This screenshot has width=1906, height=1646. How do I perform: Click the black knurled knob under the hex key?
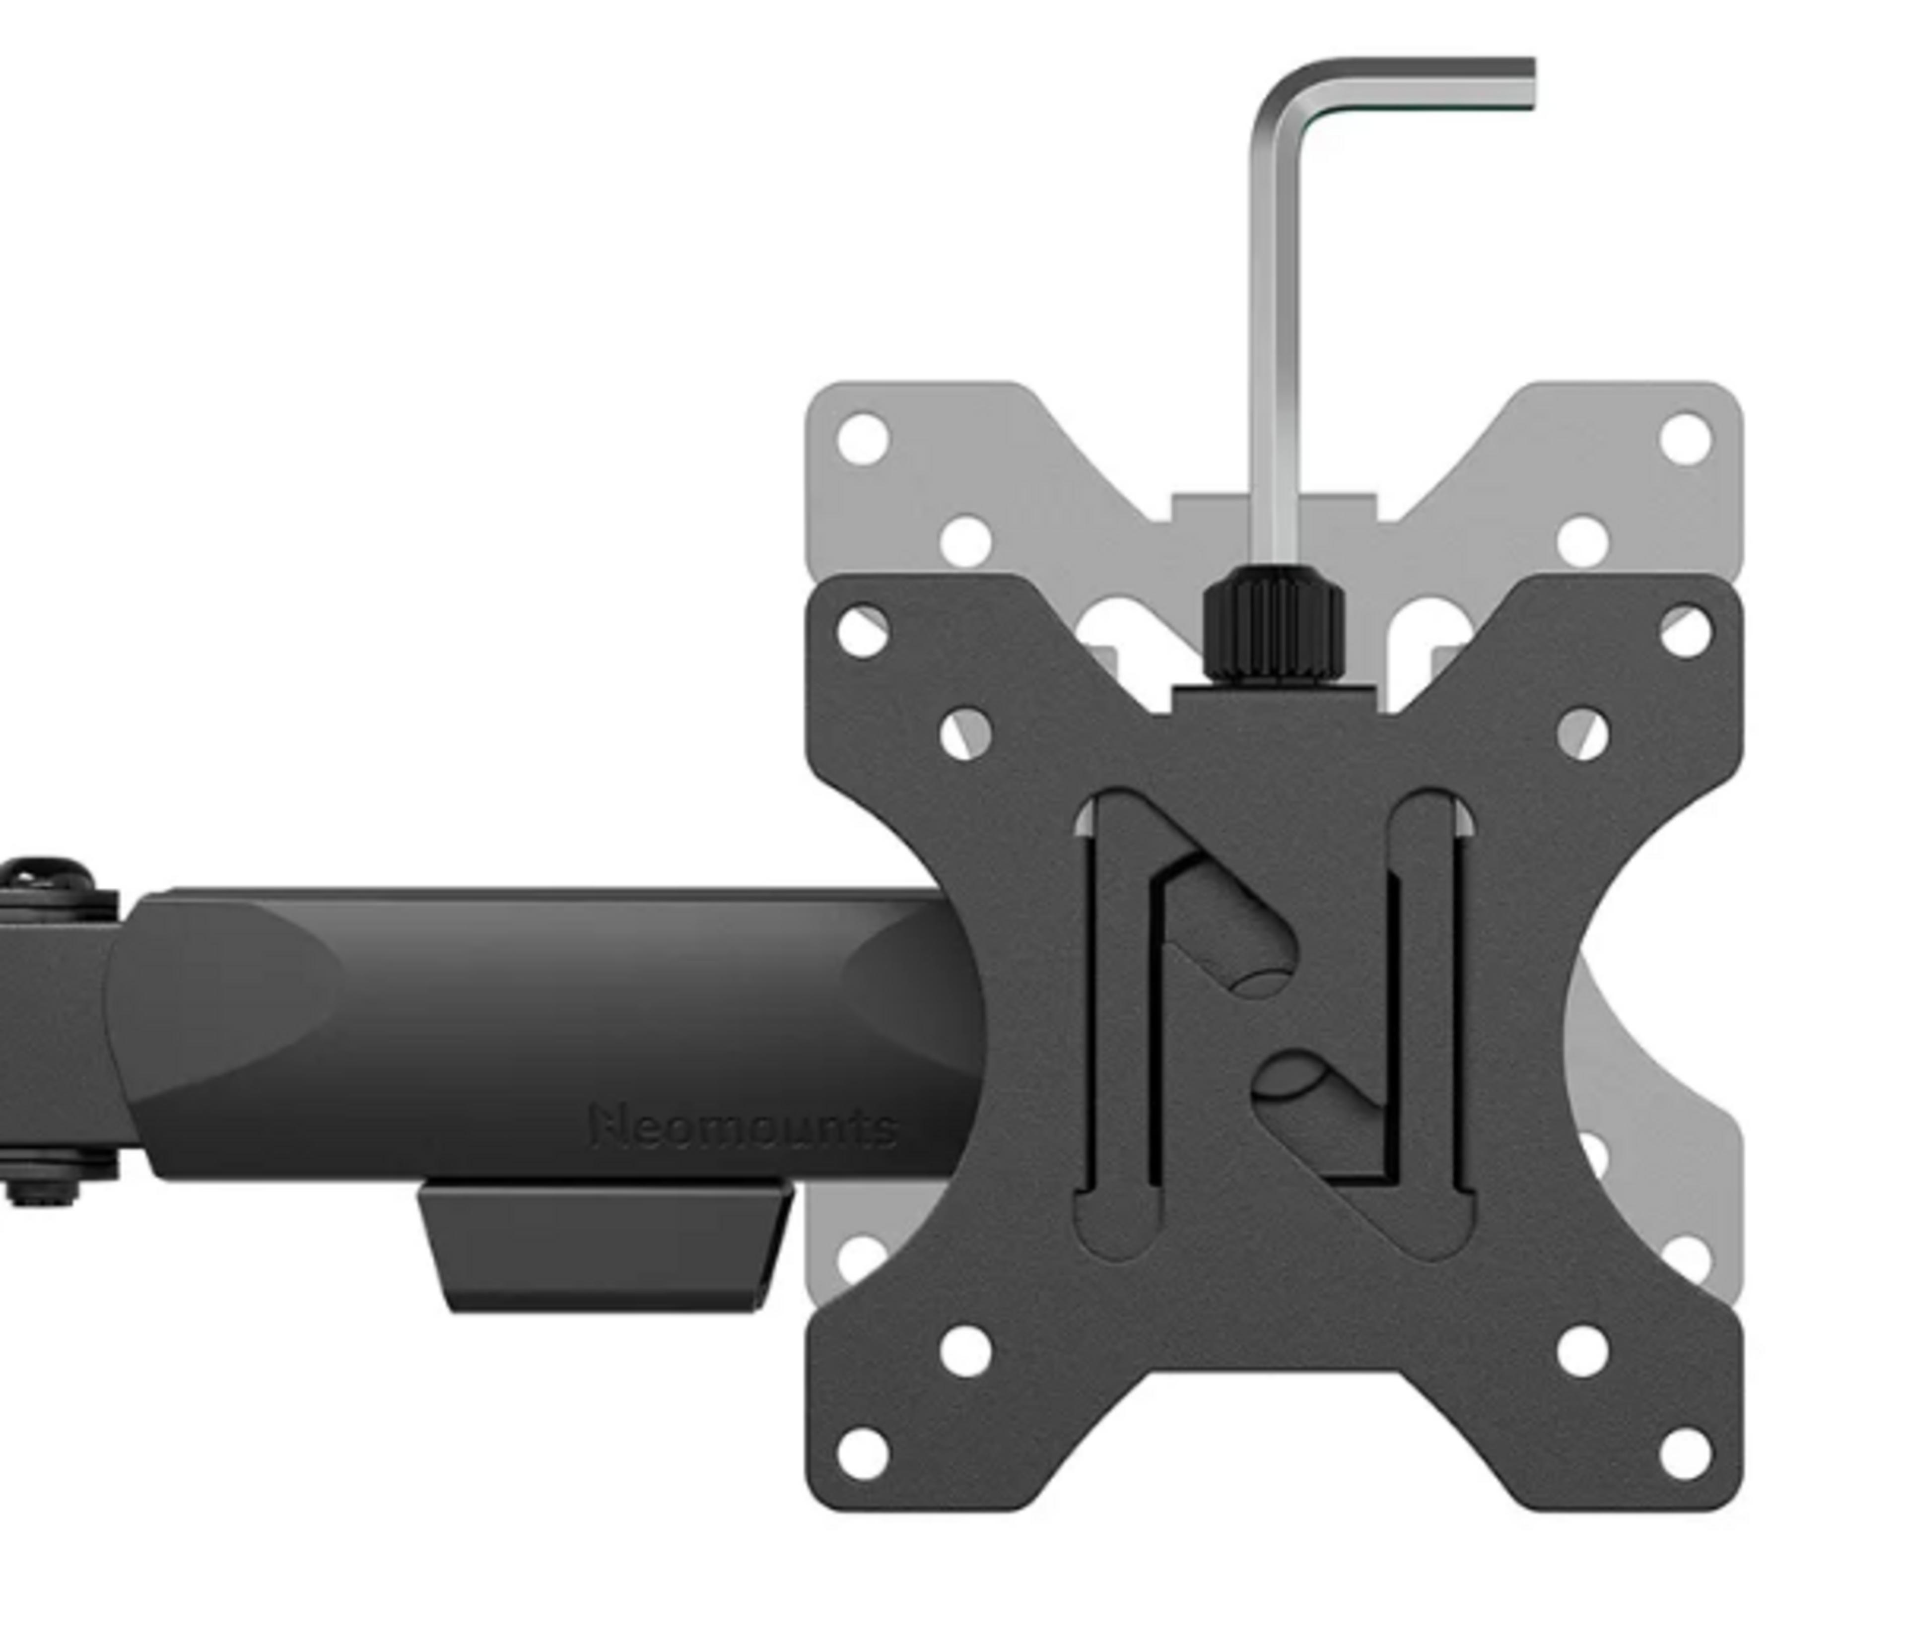tap(1274, 623)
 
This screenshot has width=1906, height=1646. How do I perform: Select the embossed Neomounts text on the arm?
tap(743, 1127)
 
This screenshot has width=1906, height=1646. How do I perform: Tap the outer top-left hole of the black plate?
tap(863, 632)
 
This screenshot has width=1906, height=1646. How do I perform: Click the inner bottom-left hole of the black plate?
tap(966, 1351)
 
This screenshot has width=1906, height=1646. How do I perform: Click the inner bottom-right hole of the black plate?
tap(1582, 1351)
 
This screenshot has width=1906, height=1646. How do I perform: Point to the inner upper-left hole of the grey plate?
tap(966, 541)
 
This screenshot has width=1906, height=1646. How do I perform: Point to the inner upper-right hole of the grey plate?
tap(1582, 541)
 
